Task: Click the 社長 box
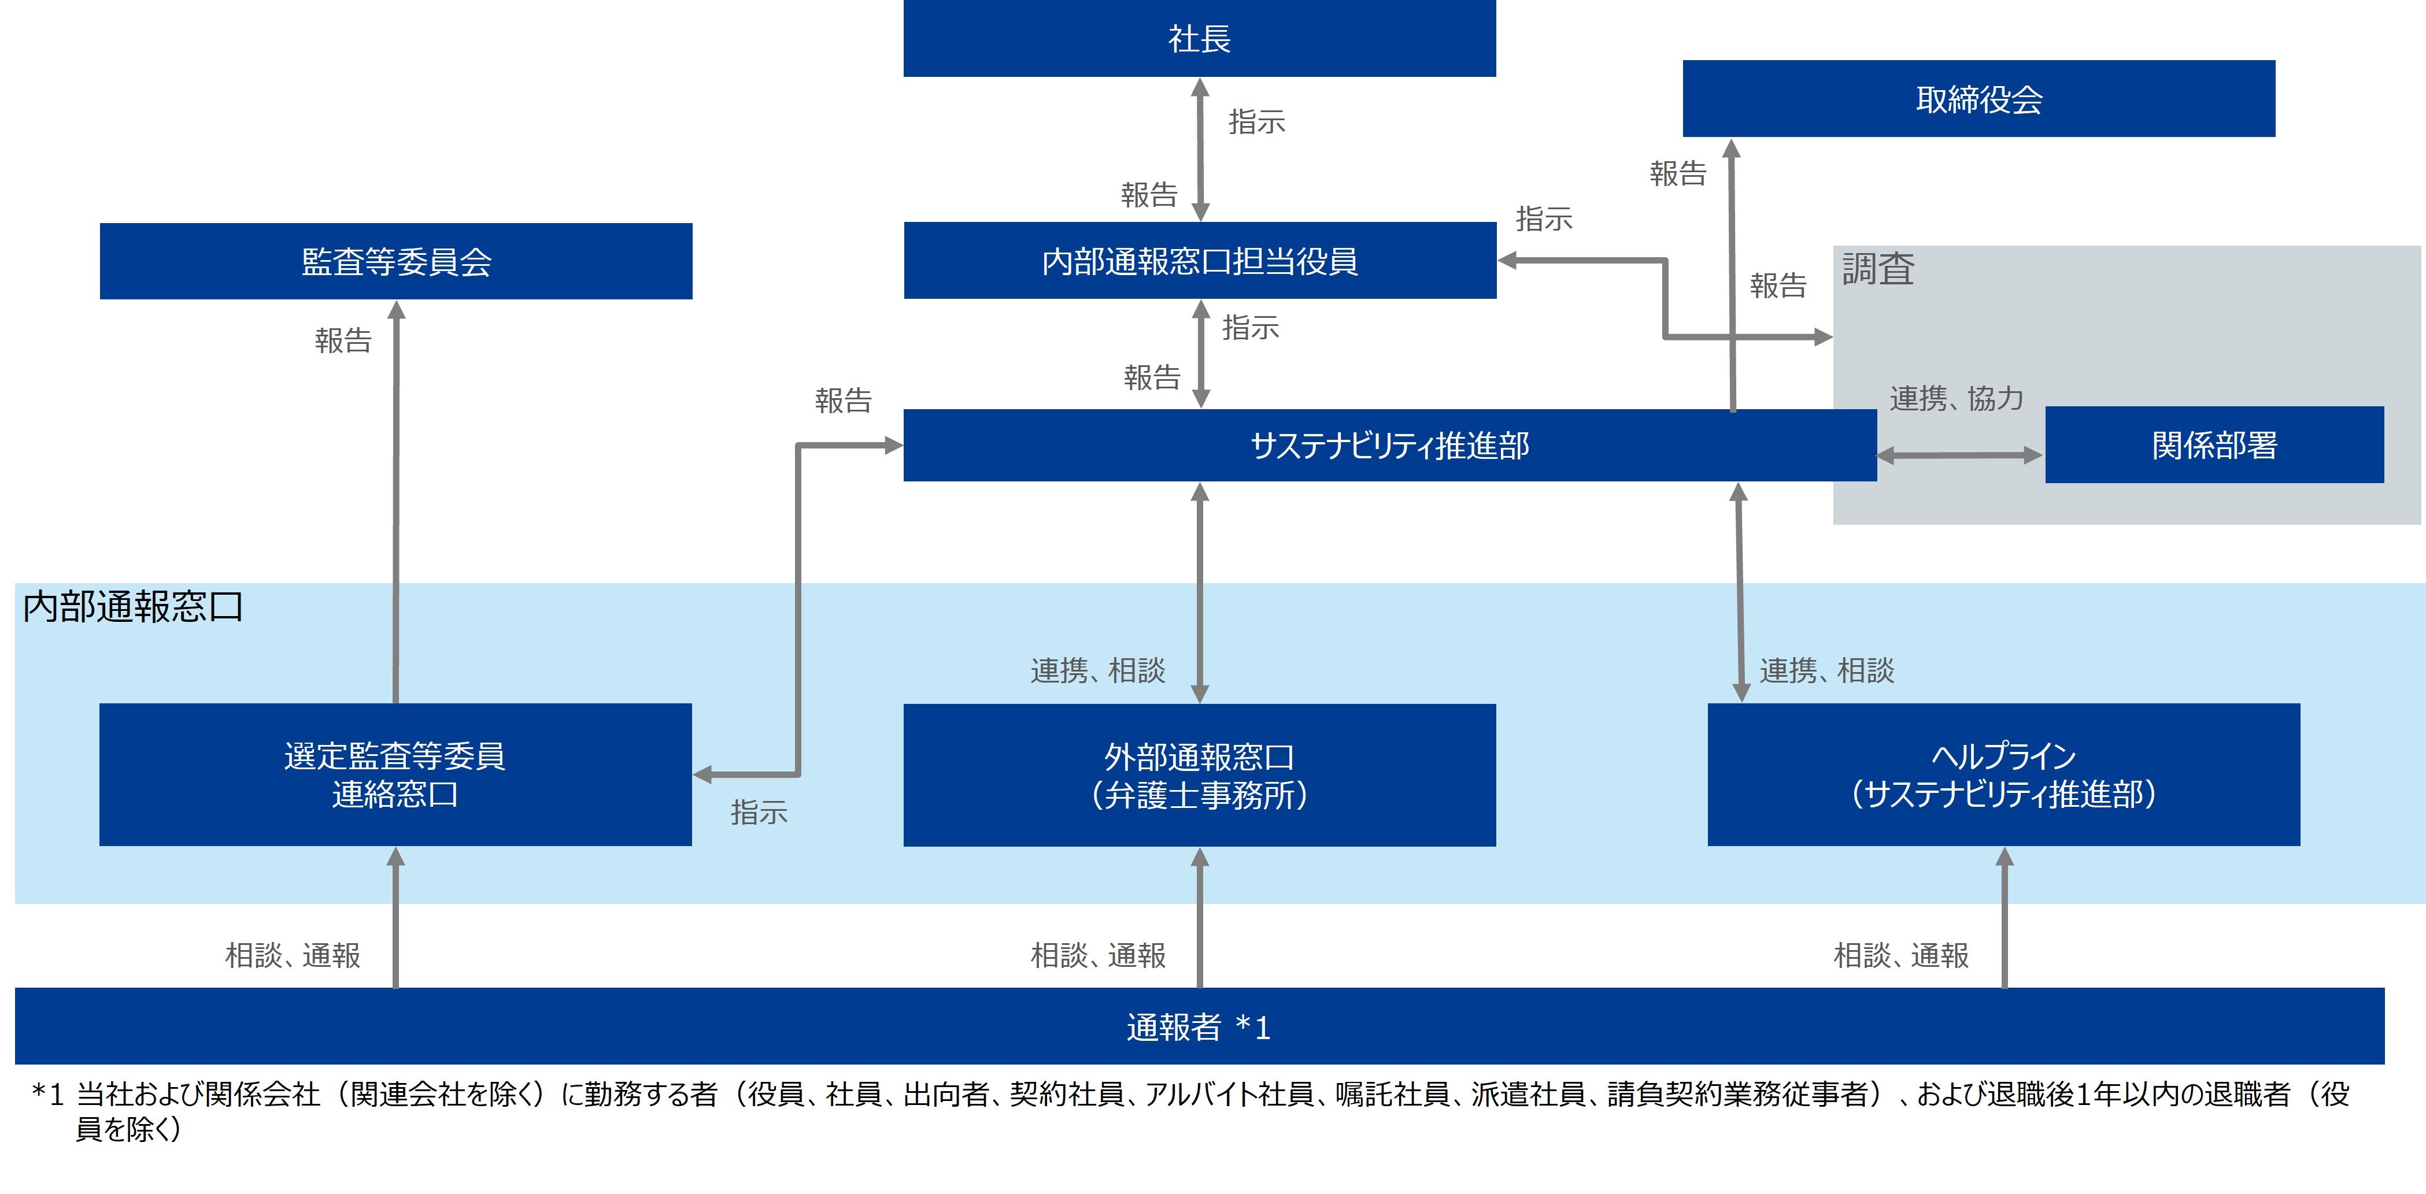point(1199,39)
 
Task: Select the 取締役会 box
point(1978,99)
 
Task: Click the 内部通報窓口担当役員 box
point(1199,261)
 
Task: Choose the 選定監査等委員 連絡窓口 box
point(395,774)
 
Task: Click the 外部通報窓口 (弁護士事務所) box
point(1199,774)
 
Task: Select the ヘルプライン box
point(2003,774)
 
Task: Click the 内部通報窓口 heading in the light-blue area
point(133,606)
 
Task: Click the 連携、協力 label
point(1956,398)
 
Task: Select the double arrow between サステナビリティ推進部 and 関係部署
point(1959,456)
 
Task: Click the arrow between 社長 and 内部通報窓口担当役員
point(1200,149)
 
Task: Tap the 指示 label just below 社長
point(1256,121)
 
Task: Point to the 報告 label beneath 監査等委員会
point(343,340)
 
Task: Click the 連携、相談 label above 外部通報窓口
point(1097,670)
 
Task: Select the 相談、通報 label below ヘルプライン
point(1900,955)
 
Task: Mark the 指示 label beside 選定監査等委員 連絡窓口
point(758,811)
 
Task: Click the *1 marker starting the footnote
point(47,1094)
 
